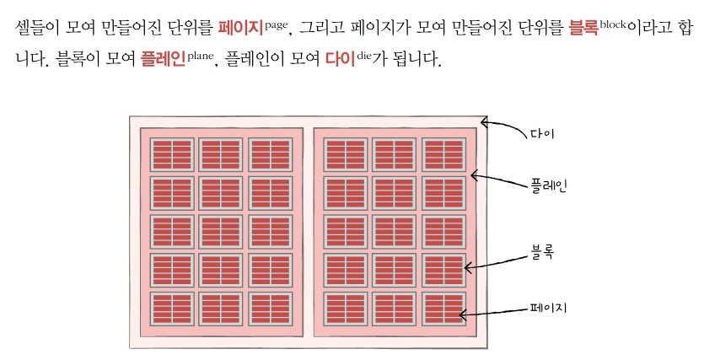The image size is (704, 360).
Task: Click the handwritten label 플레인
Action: pos(549,185)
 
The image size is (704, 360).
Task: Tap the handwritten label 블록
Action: pos(540,251)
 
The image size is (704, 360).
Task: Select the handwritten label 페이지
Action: pos(546,309)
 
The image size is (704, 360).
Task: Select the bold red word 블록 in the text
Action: pos(580,27)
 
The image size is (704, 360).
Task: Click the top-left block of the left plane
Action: pos(172,156)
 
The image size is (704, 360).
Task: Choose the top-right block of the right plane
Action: pos(443,156)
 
